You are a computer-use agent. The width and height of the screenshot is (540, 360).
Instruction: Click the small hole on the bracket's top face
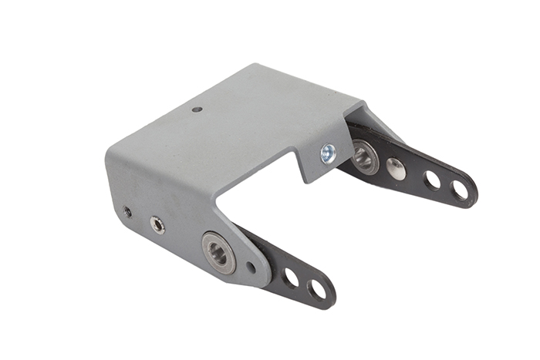click(x=197, y=109)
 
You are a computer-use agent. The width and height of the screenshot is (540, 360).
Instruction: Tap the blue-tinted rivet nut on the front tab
click(x=328, y=153)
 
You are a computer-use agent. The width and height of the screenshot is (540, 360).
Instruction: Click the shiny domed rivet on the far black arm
click(x=396, y=169)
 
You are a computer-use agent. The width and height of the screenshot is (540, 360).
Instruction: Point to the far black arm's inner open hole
click(x=432, y=180)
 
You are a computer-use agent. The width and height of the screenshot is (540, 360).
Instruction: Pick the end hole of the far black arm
click(x=460, y=190)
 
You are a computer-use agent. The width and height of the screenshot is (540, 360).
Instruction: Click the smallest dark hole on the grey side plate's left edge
click(x=127, y=211)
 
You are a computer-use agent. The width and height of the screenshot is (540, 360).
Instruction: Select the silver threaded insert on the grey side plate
click(x=157, y=224)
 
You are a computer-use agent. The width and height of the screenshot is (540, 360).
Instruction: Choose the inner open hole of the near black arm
click(x=291, y=278)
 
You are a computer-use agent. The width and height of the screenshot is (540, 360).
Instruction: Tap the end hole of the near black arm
click(x=316, y=290)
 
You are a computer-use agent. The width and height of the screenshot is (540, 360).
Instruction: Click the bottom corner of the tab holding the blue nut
click(x=309, y=182)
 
